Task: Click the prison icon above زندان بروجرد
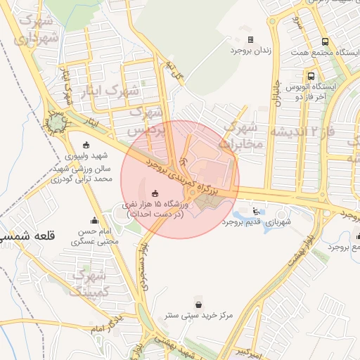pyautogui.click(x=251, y=41)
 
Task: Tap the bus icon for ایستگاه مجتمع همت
pyautogui.click(x=325, y=41)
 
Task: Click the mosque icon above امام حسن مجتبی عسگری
pyautogui.click(x=94, y=221)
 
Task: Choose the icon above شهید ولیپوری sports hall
pyautogui.click(x=86, y=145)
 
